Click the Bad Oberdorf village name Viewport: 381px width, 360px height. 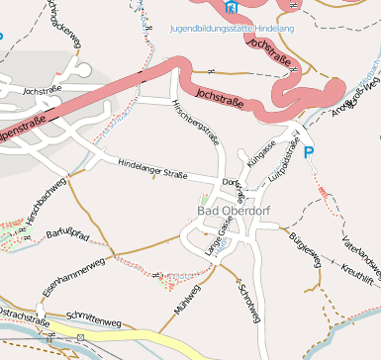(x=234, y=210)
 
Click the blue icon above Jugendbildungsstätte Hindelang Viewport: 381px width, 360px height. (x=232, y=8)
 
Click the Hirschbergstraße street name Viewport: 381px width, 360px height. (x=196, y=124)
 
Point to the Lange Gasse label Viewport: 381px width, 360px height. (x=216, y=240)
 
